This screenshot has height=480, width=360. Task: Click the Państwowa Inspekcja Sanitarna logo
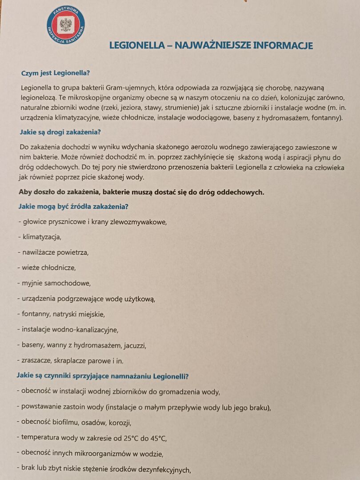(x=66, y=24)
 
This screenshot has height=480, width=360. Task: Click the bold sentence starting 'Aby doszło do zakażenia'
(x=141, y=192)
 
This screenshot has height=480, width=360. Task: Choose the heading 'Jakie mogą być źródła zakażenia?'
(x=73, y=206)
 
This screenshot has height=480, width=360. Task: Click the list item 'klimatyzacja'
(x=42, y=236)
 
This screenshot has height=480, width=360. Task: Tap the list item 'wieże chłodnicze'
(x=48, y=268)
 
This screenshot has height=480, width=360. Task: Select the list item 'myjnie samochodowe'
(x=56, y=283)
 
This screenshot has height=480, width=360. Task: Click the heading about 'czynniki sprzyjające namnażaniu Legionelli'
(x=103, y=376)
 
